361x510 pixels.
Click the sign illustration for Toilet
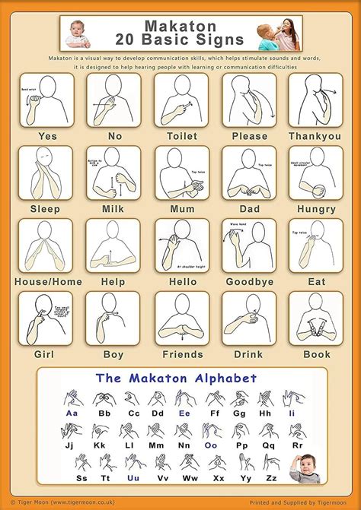[181, 100]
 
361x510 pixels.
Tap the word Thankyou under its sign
[315, 136]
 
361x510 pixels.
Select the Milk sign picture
[113, 173]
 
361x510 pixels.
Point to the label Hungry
[315, 208]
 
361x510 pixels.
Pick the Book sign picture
[315, 318]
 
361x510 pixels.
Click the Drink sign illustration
[249, 318]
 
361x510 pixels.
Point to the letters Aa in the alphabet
[72, 413]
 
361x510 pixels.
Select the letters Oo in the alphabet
[211, 445]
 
